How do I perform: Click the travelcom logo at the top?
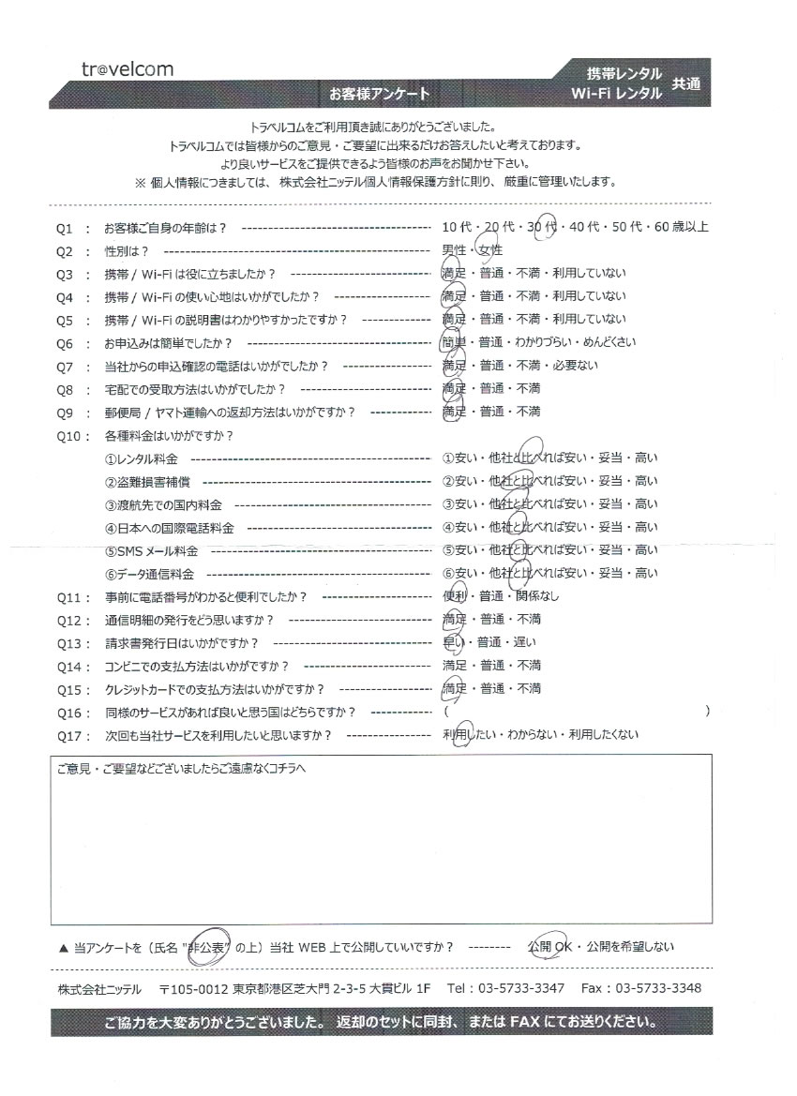[x=127, y=69]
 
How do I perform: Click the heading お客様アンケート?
[x=379, y=94]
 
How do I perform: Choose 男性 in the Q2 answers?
[x=454, y=251]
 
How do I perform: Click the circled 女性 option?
[x=490, y=251]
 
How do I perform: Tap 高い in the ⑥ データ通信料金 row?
[x=646, y=573]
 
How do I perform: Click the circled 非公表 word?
[x=209, y=947]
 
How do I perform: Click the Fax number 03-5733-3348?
[x=655, y=989]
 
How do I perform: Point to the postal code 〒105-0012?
[x=194, y=989]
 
